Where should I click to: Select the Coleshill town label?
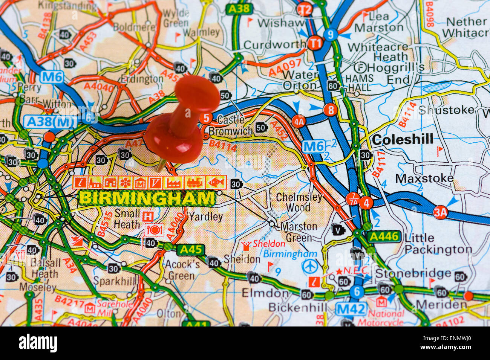tap(402, 139)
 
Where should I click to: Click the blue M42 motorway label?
tap(351, 310)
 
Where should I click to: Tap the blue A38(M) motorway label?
tap(51, 121)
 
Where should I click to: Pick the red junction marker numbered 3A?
tap(440, 212)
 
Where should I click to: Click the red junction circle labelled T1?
tap(315, 43)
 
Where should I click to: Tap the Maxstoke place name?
tap(424, 178)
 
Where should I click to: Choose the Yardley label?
tap(206, 217)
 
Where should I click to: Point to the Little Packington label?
tap(437, 244)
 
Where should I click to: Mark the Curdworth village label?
tap(274, 45)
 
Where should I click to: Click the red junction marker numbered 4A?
tap(298, 121)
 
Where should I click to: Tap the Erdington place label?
tap(142, 79)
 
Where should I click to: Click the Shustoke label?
tap(446, 110)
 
